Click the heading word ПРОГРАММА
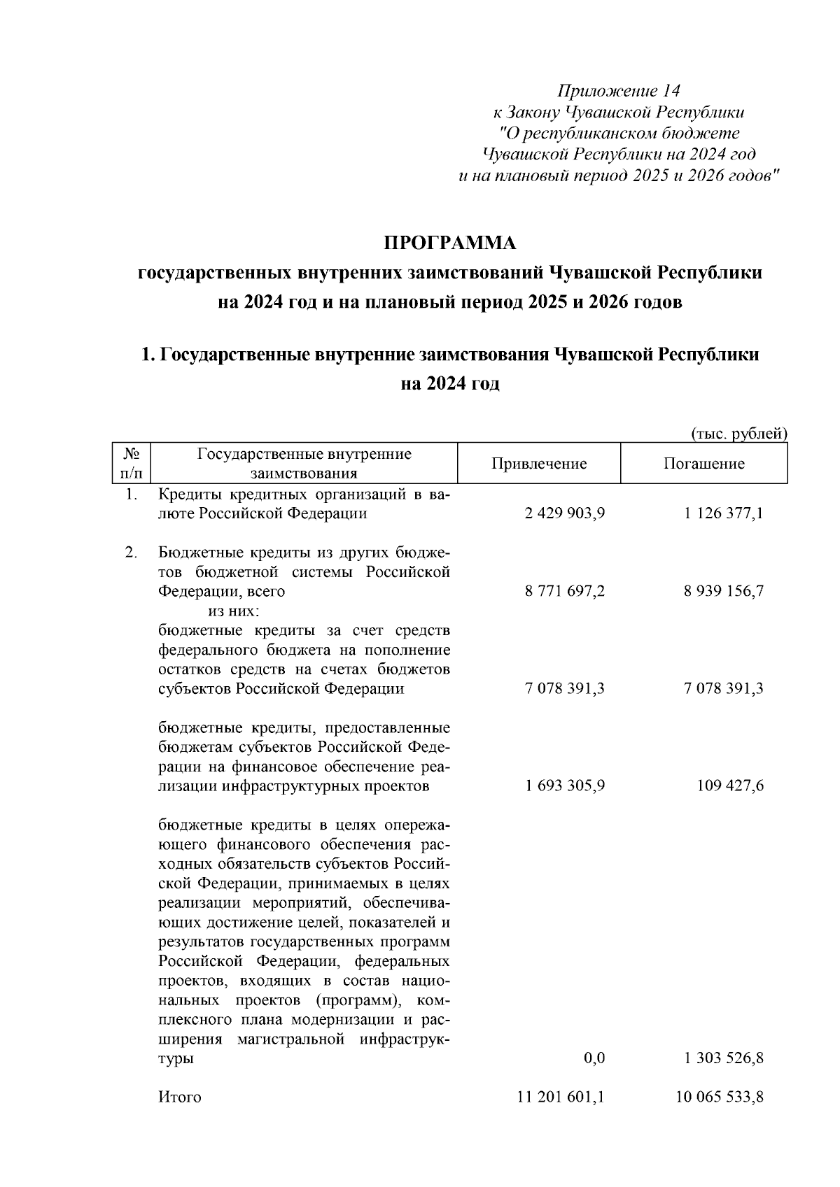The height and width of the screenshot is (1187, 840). click(x=449, y=243)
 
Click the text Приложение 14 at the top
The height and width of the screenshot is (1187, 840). click(x=618, y=92)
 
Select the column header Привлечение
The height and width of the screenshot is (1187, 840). click(x=538, y=464)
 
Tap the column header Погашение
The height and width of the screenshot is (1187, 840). click(x=703, y=464)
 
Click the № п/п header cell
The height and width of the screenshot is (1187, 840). click(x=132, y=464)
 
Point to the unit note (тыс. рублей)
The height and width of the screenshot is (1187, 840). click(x=739, y=434)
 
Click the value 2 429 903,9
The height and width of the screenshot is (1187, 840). click(x=564, y=513)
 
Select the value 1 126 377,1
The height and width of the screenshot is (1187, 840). click(x=723, y=513)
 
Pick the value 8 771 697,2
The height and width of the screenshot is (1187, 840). click(x=564, y=591)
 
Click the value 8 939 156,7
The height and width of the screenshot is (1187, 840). click(x=723, y=591)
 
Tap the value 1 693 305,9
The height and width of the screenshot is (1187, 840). click(x=564, y=786)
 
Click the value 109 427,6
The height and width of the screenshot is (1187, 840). click(x=729, y=786)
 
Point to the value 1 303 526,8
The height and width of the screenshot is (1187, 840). click(x=723, y=1058)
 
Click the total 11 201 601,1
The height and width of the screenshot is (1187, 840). click(x=561, y=1097)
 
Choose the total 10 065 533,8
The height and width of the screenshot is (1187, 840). click(x=720, y=1097)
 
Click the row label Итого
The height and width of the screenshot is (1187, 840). click(x=180, y=1097)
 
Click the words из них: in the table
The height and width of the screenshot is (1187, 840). click(x=234, y=611)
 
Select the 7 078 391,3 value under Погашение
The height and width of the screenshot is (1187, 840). click(x=723, y=688)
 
